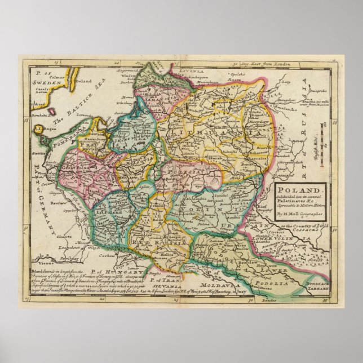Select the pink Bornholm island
tap(50, 112)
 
